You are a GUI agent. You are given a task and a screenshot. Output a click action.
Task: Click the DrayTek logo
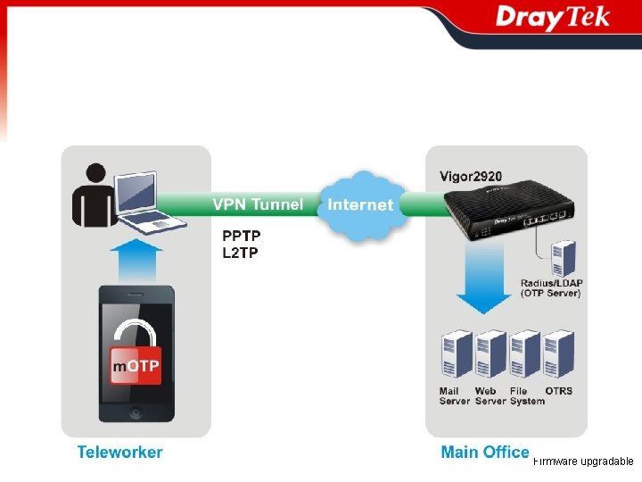(552, 19)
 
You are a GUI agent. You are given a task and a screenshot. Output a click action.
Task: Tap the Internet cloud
(360, 204)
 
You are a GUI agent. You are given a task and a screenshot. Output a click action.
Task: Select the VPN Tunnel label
(257, 204)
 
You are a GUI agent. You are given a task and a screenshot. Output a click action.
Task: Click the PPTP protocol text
(241, 237)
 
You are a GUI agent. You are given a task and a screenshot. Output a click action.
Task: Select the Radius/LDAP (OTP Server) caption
(551, 288)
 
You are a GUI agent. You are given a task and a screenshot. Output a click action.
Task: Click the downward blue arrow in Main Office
(483, 280)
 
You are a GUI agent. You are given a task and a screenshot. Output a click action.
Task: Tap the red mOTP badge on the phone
(136, 367)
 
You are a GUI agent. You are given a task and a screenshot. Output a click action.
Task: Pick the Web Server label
(490, 396)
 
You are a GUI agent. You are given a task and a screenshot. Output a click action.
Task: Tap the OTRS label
(558, 391)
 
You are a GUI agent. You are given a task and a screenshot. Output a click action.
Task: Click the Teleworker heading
(119, 452)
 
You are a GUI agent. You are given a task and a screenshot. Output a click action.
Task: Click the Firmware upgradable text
(583, 461)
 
